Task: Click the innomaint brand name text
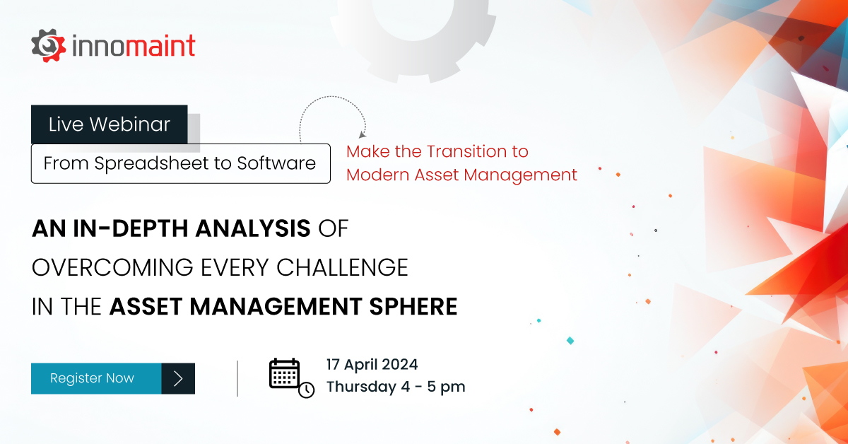[134, 46]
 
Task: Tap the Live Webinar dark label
[110, 124]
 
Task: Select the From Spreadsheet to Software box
[180, 163]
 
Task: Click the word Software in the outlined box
[276, 163]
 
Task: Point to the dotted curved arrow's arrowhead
[363, 134]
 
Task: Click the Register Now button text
[92, 378]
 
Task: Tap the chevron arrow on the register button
[178, 378]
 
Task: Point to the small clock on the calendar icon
[306, 390]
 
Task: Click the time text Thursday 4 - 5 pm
[395, 387]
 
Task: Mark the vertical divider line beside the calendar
[237, 378]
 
